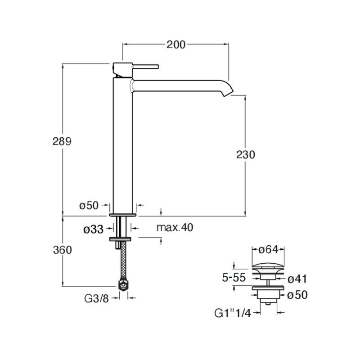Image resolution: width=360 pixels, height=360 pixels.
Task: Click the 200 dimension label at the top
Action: tap(176, 45)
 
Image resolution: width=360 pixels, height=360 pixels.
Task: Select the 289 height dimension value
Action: tap(62, 141)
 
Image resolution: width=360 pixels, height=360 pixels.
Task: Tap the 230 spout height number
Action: tap(246, 154)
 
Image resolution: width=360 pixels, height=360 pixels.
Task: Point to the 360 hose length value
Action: tap(63, 250)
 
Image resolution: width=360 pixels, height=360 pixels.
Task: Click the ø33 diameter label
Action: tap(94, 229)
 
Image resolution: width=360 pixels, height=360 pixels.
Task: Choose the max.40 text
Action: tap(175, 227)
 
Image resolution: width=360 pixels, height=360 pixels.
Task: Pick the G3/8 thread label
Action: tap(96, 298)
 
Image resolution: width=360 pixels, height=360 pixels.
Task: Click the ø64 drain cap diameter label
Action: tap(268, 249)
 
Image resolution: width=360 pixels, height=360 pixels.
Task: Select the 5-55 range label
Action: tap(234, 277)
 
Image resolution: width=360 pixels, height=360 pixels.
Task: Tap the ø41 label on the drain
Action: tap(297, 279)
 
